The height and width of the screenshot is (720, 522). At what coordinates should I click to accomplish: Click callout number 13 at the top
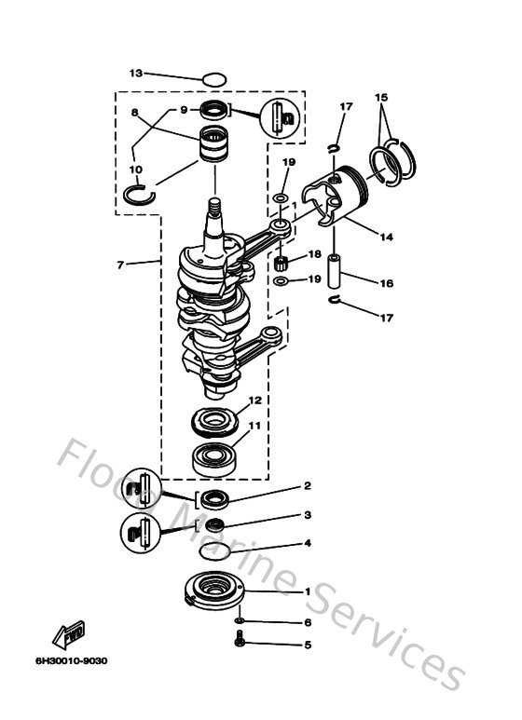[x=135, y=73]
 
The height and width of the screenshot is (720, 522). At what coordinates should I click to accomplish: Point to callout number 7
[x=121, y=265]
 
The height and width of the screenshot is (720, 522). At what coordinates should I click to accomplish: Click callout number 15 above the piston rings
[x=380, y=97]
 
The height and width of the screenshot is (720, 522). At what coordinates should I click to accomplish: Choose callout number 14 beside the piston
[x=386, y=237]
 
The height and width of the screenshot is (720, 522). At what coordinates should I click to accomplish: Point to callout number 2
[x=307, y=485]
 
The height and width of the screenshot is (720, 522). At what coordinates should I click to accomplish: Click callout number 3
[x=307, y=514]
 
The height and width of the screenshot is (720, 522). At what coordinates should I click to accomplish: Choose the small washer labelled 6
[x=240, y=620]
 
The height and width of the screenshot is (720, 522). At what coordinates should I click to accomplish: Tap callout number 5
[x=307, y=643]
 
